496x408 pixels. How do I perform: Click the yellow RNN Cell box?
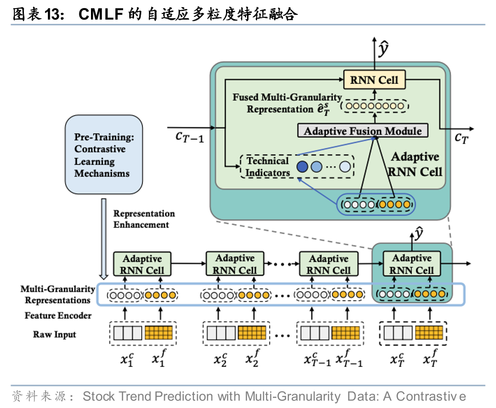click(374, 80)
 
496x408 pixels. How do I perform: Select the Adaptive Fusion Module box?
click(362, 131)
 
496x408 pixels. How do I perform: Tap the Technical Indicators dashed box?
click(297, 167)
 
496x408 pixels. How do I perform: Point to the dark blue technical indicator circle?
click(302, 167)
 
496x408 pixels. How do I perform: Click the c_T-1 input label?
click(189, 137)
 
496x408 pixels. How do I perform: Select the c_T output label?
click(461, 138)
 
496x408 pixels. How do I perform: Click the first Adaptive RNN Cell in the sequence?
click(142, 264)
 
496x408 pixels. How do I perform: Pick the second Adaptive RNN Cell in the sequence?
click(235, 264)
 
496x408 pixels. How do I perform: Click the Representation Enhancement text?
click(144, 219)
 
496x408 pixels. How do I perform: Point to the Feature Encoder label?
click(58, 316)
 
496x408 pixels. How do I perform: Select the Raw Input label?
click(55, 334)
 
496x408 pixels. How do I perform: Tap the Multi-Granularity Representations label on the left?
click(57, 295)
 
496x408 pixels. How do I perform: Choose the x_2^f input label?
click(252, 359)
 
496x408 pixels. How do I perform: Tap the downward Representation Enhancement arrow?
click(103, 239)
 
